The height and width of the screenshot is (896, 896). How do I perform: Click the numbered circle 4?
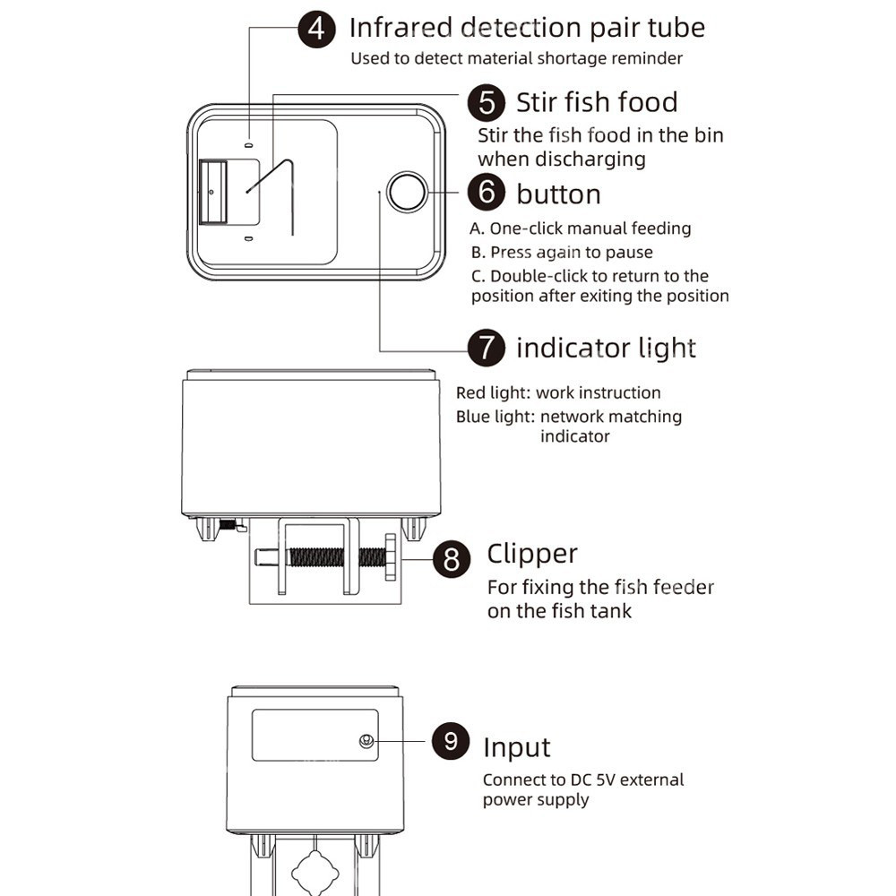tap(316, 29)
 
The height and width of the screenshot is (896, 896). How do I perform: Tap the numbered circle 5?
tap(487, 102)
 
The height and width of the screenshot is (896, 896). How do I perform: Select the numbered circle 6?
tap(487, 194)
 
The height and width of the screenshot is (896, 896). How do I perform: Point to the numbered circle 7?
tap(487, 348)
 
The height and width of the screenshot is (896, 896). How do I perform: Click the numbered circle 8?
tap(452, 560)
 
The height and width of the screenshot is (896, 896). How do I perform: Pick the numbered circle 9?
tap(451, 741)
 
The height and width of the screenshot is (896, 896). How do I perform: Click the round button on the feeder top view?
tap(407, 192)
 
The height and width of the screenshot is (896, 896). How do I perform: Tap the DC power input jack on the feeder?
tap(366, 741)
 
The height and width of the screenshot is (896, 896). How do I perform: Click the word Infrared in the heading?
tap(399, 28)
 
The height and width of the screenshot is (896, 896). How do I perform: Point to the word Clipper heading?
tap(531, 555)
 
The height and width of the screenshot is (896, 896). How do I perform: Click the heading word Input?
tap(516, 747)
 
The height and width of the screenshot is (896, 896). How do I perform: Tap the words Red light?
tap(491, 393)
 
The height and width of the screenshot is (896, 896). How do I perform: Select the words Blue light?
tap(495, 417)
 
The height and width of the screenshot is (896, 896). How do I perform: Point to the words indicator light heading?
tap(606, 348)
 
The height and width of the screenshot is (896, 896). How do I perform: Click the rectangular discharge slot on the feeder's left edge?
tap(212, 192)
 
